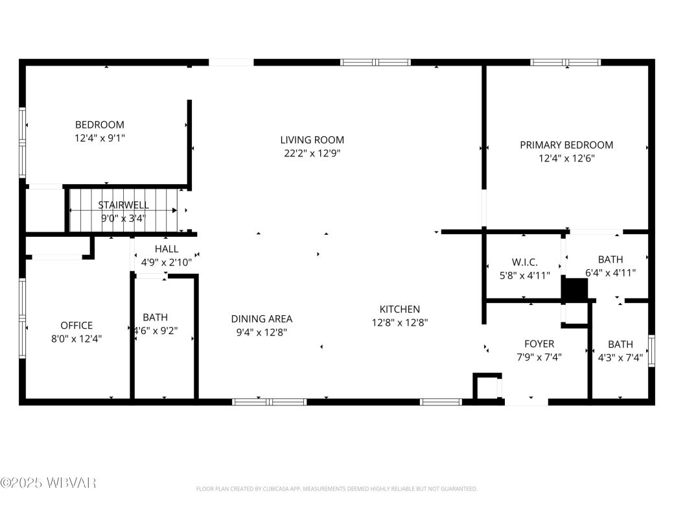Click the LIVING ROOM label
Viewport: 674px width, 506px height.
312,139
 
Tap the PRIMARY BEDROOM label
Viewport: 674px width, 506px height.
566,145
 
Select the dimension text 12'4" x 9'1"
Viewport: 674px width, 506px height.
99,138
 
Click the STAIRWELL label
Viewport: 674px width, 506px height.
123,205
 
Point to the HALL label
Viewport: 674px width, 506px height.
167,248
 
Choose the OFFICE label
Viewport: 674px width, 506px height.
76,325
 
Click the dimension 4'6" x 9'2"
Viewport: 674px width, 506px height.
155,330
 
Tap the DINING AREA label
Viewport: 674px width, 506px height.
261,319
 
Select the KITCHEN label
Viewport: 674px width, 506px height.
399,309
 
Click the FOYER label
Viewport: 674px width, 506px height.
539,343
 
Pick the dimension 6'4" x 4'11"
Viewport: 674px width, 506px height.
610,273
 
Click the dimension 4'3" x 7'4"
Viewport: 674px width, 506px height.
620,357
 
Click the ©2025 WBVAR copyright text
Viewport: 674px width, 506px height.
49,483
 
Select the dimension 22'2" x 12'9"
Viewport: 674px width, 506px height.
312,154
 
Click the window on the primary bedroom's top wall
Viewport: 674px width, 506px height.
565,63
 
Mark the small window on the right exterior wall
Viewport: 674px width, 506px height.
651,351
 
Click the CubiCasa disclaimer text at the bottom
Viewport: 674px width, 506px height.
336,488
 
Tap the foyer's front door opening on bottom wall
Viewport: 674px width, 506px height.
526,402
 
